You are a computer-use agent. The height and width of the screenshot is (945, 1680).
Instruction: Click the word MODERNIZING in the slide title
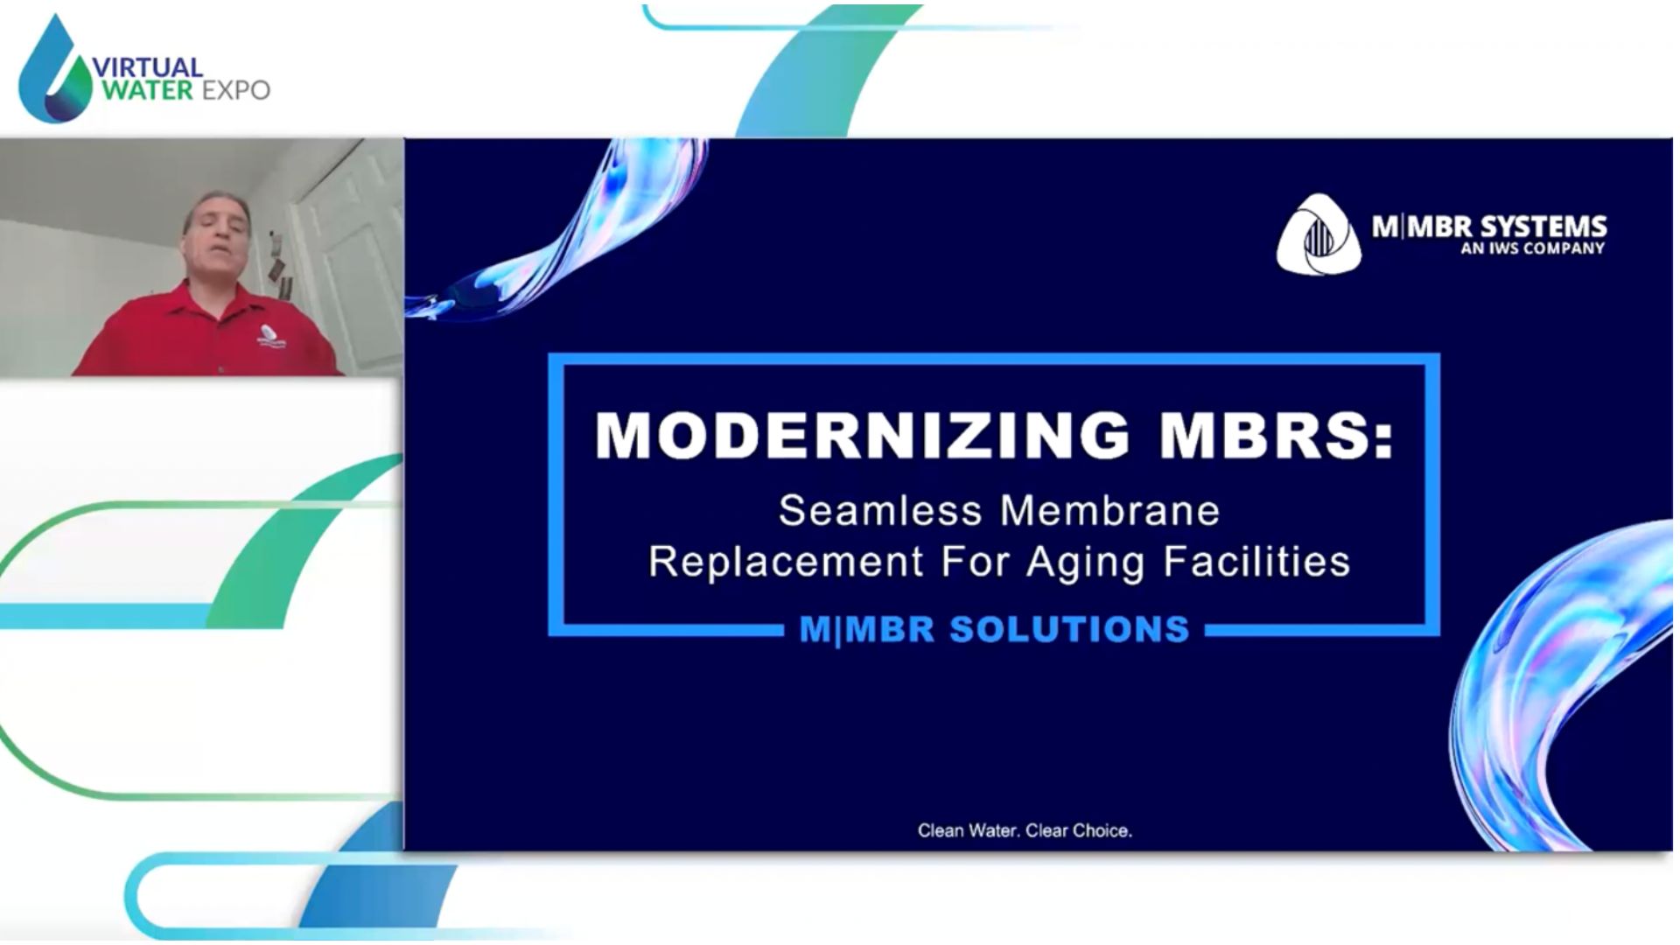click(862, 435)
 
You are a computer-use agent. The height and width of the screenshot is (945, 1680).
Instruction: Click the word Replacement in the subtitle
click(786, 562)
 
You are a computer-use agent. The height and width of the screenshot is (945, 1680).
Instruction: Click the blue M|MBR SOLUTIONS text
click(995, 629)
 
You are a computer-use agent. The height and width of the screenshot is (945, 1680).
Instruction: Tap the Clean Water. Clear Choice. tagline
click(1025, 830)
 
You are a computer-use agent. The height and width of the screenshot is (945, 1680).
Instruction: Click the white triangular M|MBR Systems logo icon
click(1319, 234)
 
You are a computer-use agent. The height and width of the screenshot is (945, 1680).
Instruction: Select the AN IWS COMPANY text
click(1532, 248)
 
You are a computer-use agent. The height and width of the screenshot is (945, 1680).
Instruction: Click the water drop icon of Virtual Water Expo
click(55, 70)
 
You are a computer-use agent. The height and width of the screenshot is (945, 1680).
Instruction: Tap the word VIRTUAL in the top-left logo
click(147, 67)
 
